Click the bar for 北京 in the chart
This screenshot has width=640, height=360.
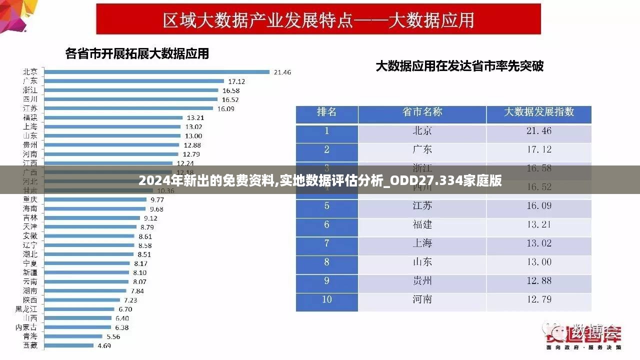[156, 71]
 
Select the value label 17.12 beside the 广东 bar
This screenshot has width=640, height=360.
[236, 81]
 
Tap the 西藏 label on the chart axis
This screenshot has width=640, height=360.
[30, 345]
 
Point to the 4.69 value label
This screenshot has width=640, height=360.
[104, 345]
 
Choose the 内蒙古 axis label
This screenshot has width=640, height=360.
[26, 327]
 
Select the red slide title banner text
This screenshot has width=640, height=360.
[318, 20]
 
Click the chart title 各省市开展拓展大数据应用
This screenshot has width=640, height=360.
[137, 53]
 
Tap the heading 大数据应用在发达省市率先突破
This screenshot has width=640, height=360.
[459, 65]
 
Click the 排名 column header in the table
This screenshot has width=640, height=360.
[327, 112]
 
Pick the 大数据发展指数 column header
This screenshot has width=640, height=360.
[538, 112]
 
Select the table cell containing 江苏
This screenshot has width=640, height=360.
[422, 205]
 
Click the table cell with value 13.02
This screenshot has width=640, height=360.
[538, 243]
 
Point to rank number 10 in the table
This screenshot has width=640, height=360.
[327, 299]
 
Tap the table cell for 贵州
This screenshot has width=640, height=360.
[422, 280]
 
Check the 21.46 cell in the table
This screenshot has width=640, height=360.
[538, 131]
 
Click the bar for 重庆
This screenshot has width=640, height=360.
[95, 199]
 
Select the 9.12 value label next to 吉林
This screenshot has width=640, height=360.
[150, 218]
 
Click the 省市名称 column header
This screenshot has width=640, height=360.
[422, 112]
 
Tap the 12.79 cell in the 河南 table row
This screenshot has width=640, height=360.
[538, 299]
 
